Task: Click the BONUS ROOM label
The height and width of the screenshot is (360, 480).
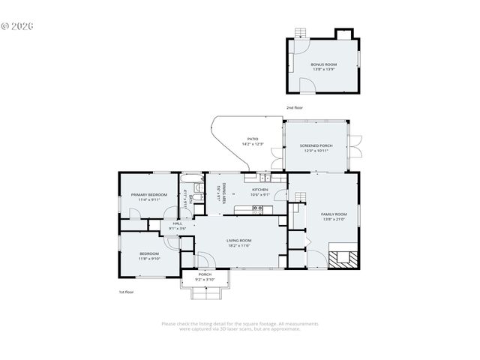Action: pyautogui.click(x=323, y=64)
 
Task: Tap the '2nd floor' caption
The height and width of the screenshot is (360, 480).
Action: pyautogui.click(x=294, y=108)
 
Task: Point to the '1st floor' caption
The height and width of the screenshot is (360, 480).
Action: pyautogui.click(x=126, y=291)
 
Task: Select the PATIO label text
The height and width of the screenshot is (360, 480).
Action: pyautogui.click(x=253, y=139)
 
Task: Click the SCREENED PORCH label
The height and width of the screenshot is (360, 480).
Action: pyautogui.click(x=316, y=145)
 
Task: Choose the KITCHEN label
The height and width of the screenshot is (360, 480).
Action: pyautogui.click(x=260, y=190)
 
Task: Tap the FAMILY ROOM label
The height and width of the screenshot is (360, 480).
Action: pyautogui.click(x=334, y=214)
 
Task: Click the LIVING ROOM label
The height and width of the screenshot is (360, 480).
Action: pyautogui.click(x=238, y=241)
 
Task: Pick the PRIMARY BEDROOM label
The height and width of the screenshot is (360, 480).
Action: pyautogui.click(x=149, y=195)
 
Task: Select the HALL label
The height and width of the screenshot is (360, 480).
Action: pyautogui.click(x=177, y=223)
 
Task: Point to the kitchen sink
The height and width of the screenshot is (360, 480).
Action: pyautogui.click(x=265, y=177)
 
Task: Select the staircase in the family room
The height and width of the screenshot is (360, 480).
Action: pyautogui.click(x=300, y=196)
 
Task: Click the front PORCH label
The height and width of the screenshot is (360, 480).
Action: pyautogui.click(x=205, y=274)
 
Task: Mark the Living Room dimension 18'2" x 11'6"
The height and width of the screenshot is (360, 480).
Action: pyautogui.click(x=238, y=245)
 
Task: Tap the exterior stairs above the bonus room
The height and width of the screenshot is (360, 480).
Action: pyautogui.click(x=301, y=32)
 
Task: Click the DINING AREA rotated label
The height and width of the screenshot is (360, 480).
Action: pyautogui.click(x=219, y=194)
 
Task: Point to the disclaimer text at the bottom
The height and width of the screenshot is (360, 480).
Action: pyautogui.click(x=240, y=325)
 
